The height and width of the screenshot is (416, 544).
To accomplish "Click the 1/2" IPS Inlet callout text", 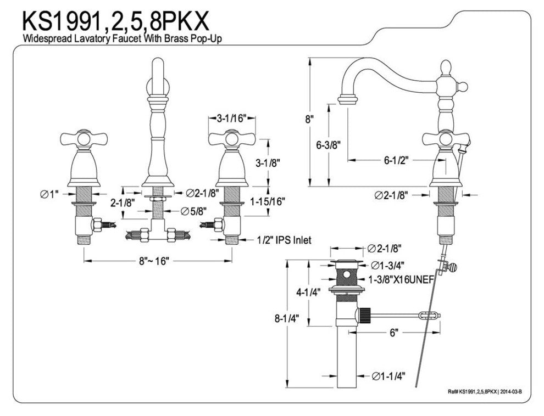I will (x=284, y=240).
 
